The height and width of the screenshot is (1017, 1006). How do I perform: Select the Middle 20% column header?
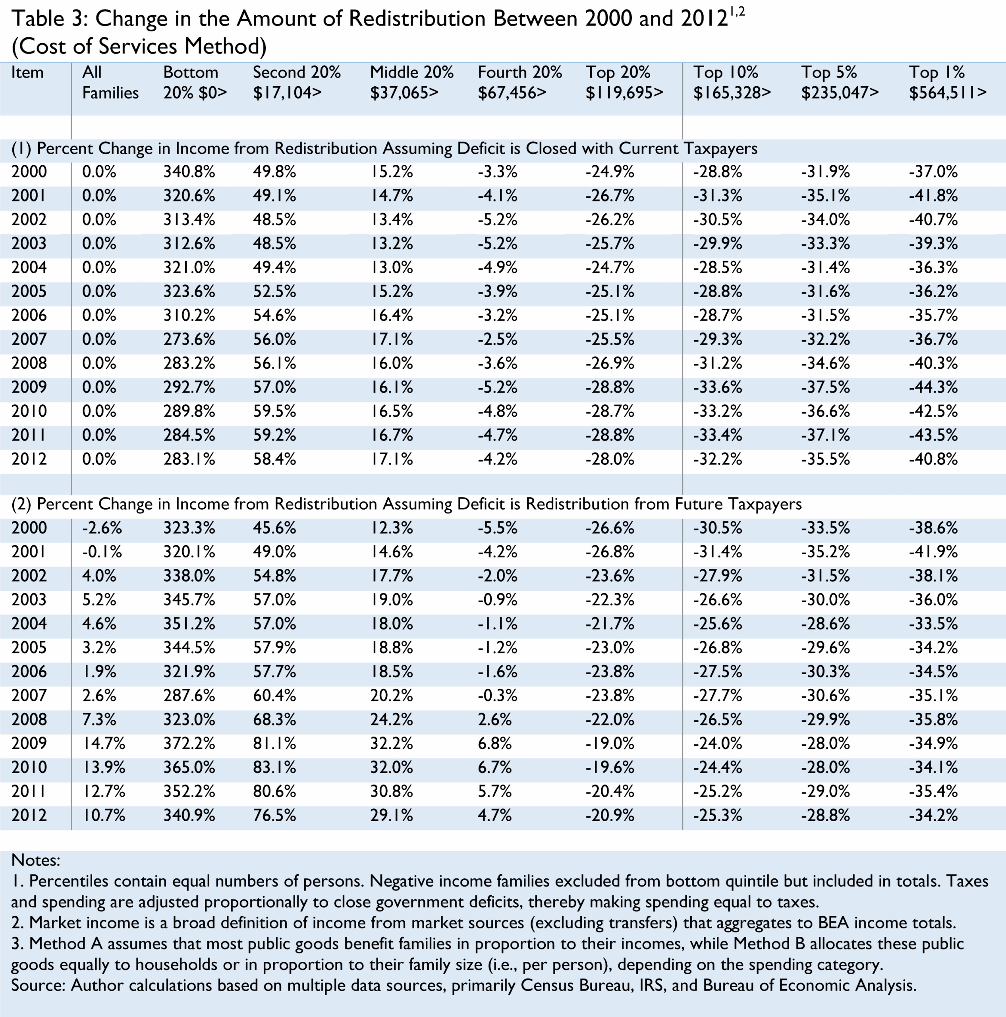coord(411,72)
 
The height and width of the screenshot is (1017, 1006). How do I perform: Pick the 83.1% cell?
coord(274,768)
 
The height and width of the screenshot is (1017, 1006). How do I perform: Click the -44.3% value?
coord(933,387)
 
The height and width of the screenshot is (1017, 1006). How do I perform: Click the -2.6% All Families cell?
coord(102,528)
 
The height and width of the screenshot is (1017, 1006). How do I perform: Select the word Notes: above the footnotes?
coord(36,860)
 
